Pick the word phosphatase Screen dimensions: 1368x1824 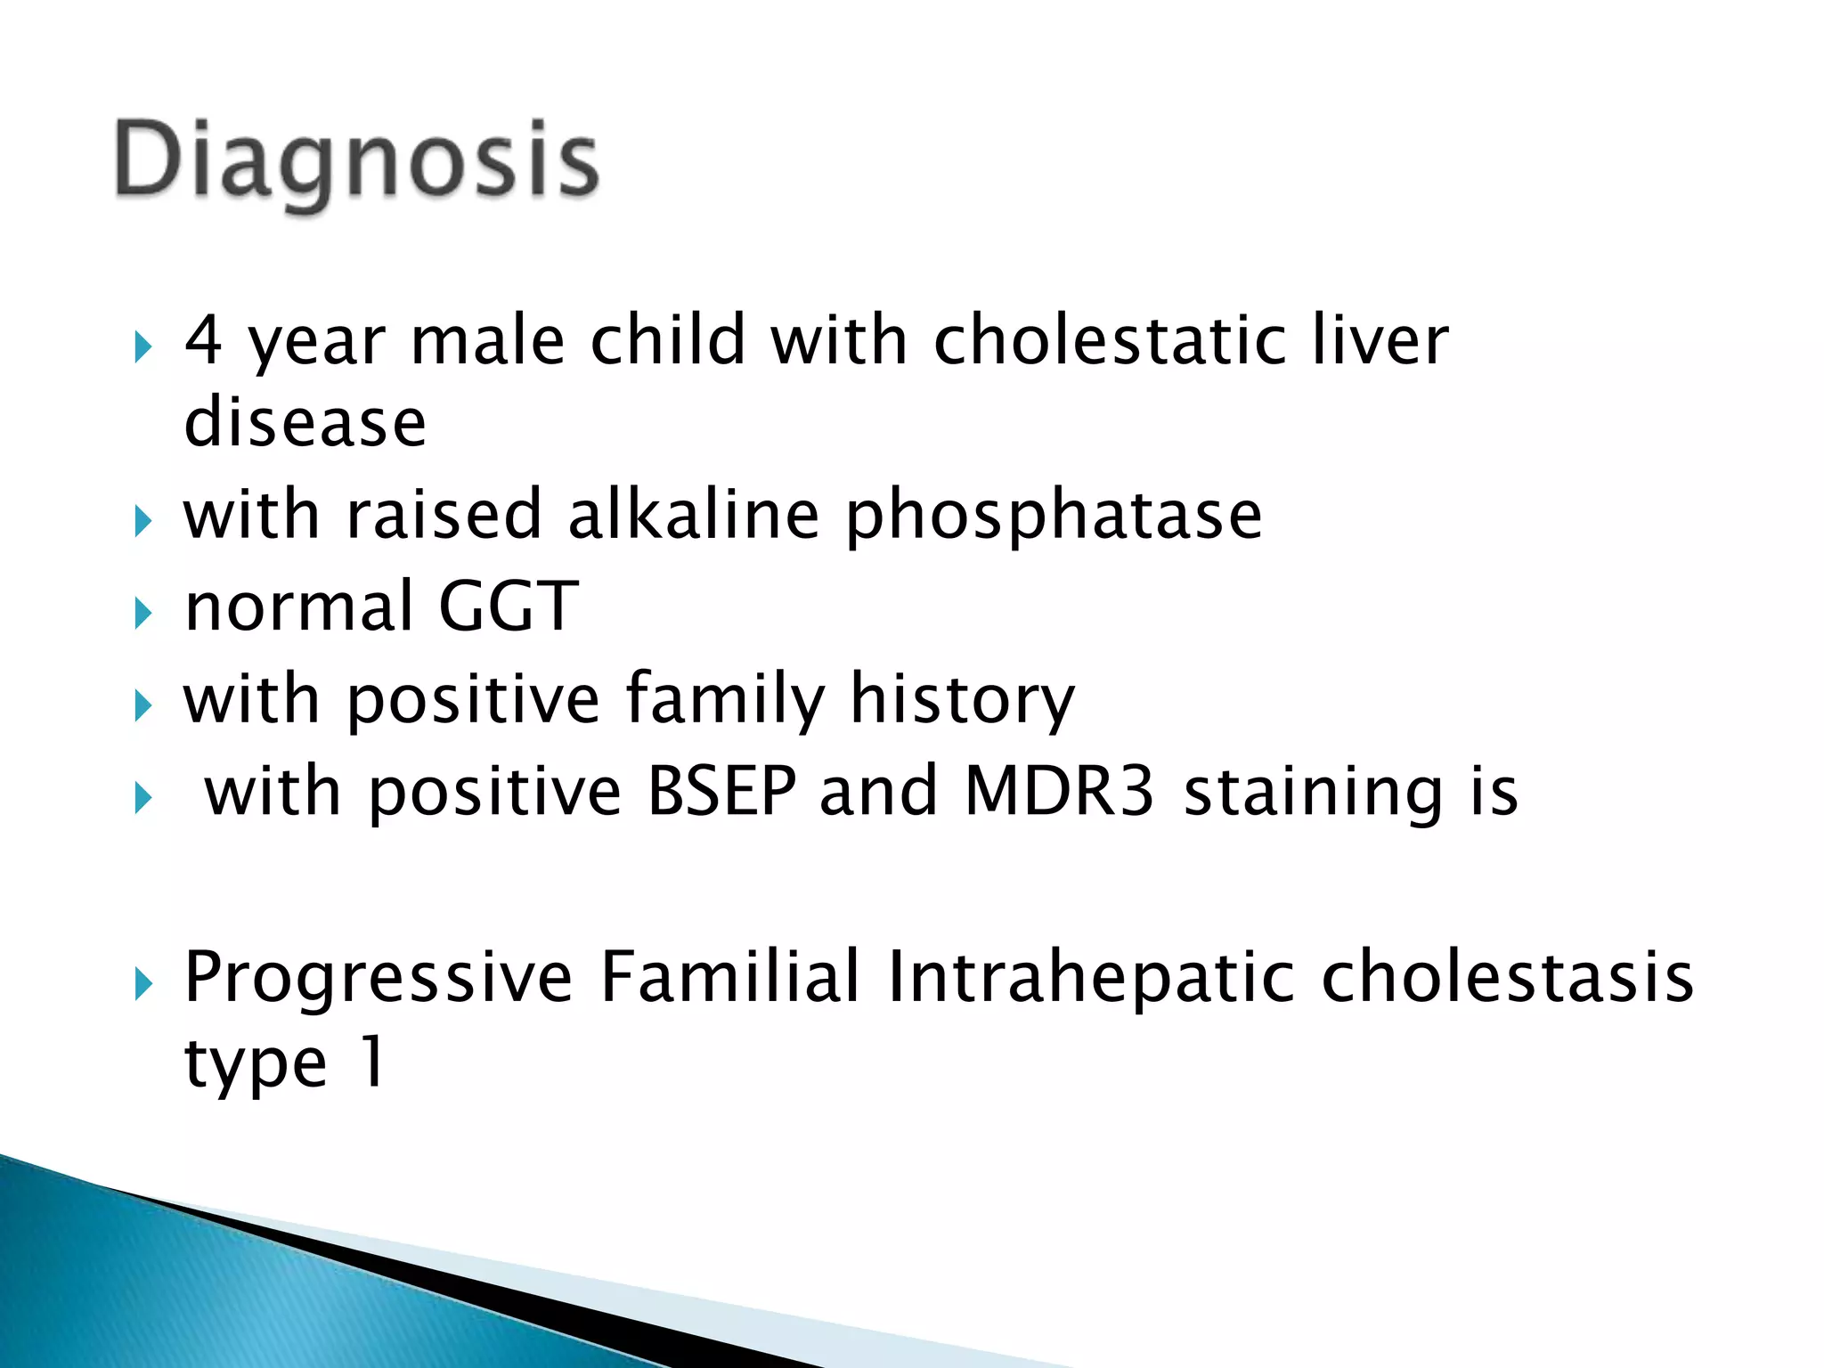[x=1054, y=517]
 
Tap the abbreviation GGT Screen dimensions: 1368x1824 [x=509, y=607]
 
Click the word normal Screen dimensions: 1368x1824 [x=299, y=607]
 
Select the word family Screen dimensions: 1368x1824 [x=726, y=700]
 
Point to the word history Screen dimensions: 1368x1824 [x=962, y=700]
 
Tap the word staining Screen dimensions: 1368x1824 [x=1314, y=793]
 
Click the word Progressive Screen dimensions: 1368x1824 [x=379, y=978]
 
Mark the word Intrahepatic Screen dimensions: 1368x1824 [x=1091, y=978]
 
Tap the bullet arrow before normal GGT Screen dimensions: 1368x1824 [x=143, y=613]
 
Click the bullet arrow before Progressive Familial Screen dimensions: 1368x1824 [x=143, y=984]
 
